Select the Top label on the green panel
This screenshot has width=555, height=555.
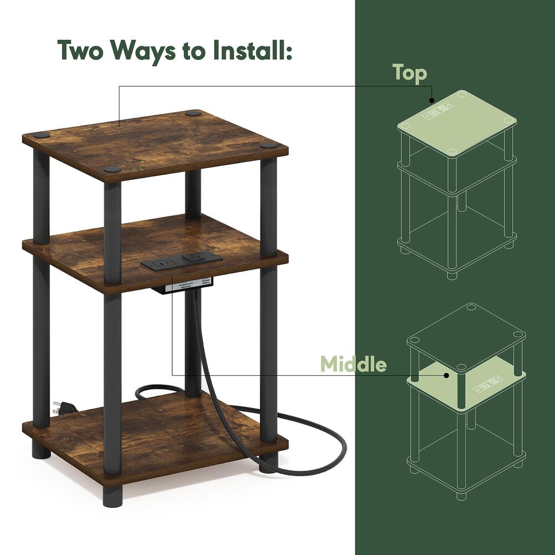coord(410,73)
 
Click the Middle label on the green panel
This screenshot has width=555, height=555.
coord(354,365)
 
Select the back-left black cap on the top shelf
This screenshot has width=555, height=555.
coord(193,113)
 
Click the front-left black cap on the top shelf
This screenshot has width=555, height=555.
coord(113,169)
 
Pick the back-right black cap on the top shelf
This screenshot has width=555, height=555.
coord(269,145)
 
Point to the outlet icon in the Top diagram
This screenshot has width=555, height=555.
coord(438,110)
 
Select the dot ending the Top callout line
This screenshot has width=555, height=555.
coord(431,100)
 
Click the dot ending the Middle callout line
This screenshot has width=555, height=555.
coord(446,375)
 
